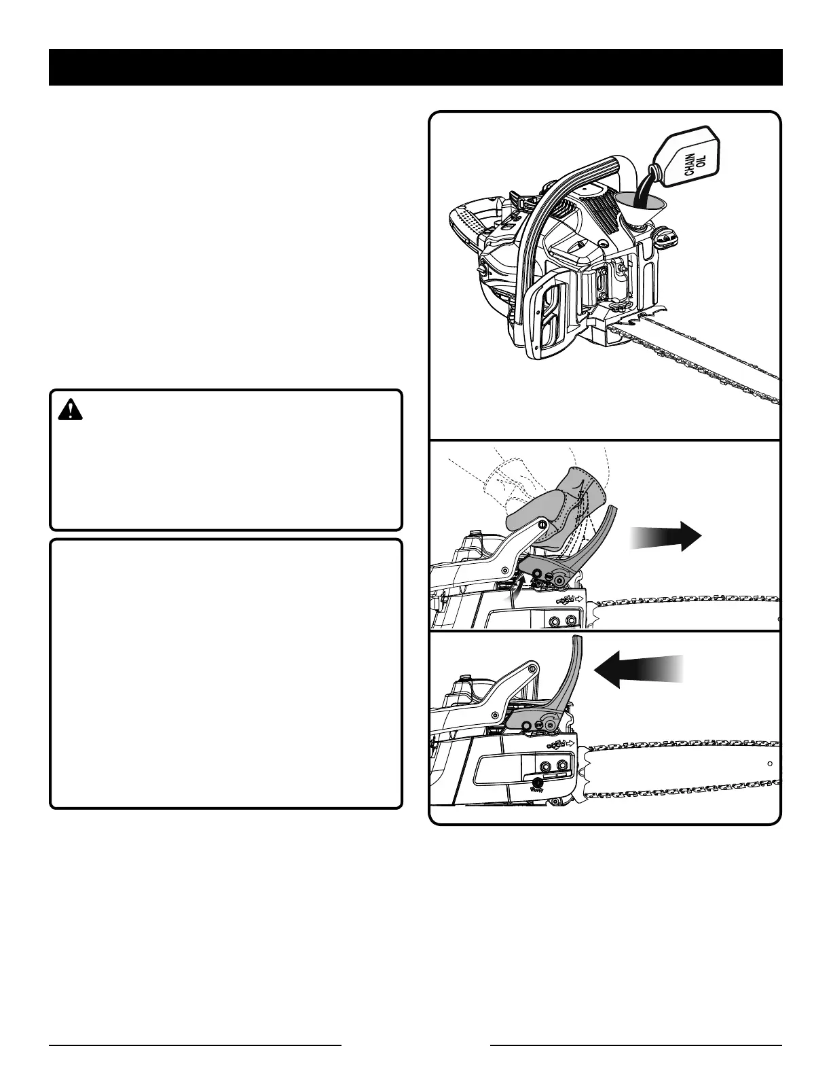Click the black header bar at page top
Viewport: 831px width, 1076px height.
point(415,67)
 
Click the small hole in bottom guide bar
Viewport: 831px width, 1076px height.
point(769,764)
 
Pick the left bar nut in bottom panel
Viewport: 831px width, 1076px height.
point(545,766)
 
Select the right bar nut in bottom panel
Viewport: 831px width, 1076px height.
point(562,766)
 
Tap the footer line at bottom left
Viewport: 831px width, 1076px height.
point(195,1045)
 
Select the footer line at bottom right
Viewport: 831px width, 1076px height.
point(636,1045)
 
